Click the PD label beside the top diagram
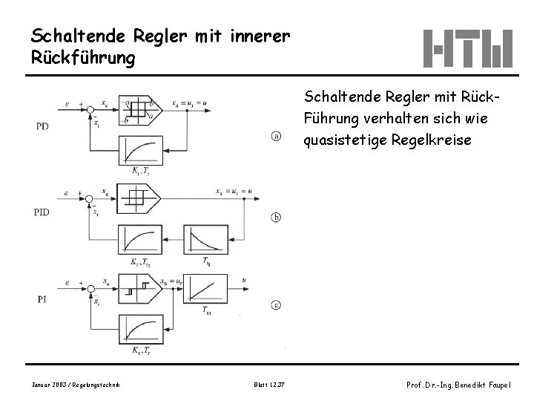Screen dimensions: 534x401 coord(43,126)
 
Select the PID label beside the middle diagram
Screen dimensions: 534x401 coord(43,212)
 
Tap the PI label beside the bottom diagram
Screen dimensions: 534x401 coord(42,299)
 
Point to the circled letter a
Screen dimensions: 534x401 coord(276,136)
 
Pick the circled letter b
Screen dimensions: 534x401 coord(276,218)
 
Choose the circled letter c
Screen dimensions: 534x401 coord(276,304)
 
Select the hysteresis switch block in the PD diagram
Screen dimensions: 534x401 coord(142,110)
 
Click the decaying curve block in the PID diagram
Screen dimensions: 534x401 coord(203,239)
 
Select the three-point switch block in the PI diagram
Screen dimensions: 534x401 coord(142,286)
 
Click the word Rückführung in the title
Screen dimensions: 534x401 coord(83,58)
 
